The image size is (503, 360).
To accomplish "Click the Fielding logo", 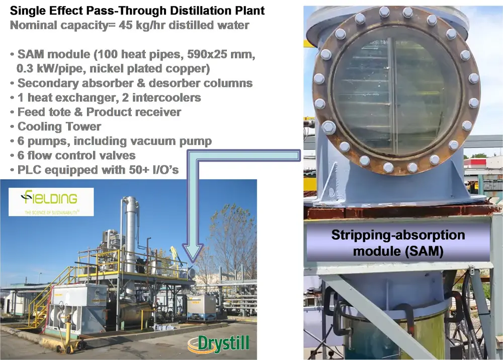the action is click(x=51, y=202).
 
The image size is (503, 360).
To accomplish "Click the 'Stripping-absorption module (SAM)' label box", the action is click(x=398, y=243).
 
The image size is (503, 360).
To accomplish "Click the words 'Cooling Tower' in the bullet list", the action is click(x=59, y=126).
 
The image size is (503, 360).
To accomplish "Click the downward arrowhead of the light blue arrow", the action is click(x=193, y=253).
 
